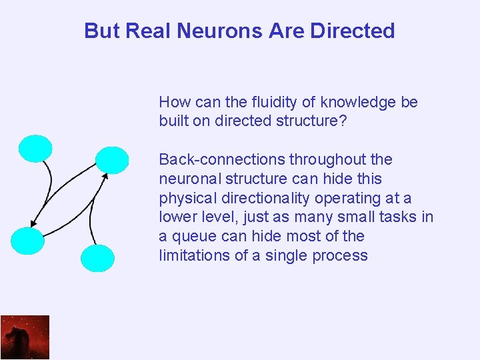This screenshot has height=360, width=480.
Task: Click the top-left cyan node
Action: (x=35, y=148)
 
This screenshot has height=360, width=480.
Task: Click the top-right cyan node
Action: (x=112, y=160)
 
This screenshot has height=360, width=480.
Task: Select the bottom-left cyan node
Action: (x=28, y=241)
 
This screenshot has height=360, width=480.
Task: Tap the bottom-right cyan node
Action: (x=97, y=258)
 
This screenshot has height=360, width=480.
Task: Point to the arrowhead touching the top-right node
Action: (x=105, y=175)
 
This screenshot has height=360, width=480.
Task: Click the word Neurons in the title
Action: (x=208, y=31)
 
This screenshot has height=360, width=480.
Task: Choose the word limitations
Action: (x=191, y=255)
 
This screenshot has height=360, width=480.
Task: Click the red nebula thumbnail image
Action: (x=25, y=337)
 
